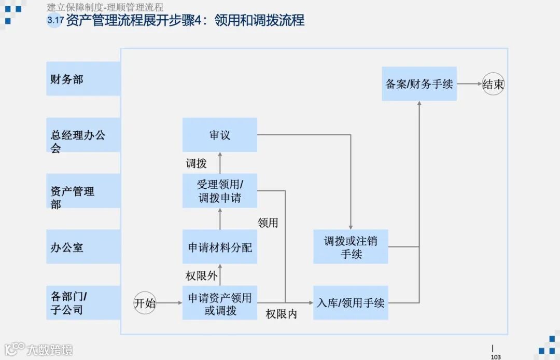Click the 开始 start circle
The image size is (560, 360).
pos(145,303)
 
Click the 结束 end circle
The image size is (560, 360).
pos(493,84)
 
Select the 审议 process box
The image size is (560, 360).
pos(220,135)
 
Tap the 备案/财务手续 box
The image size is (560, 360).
pos(419,84)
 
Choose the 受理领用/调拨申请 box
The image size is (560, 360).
pos(220,191)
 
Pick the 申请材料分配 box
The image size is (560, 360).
pos(220,247)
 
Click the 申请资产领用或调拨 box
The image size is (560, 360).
pos(220,303)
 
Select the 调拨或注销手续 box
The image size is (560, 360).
pos(351,247)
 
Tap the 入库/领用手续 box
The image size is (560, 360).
pos(351,303)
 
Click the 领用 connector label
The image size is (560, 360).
pos(268,223)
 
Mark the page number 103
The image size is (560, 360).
pos(496,356)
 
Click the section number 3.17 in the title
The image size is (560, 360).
pos(55,21)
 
